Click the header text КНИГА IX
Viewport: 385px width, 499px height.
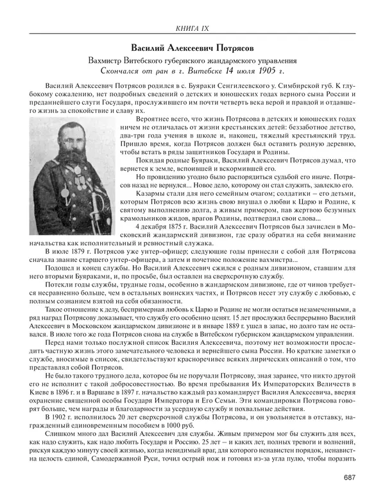pos(193,27)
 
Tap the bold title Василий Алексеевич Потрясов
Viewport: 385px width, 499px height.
pos(193,48)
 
